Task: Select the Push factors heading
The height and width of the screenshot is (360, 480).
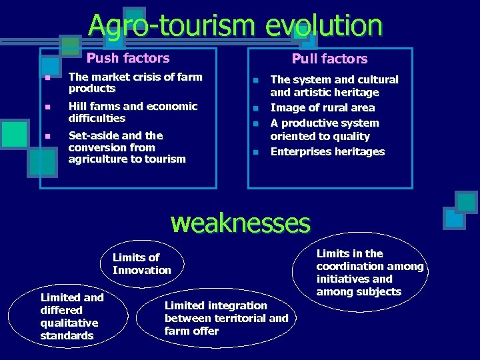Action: (128, 59)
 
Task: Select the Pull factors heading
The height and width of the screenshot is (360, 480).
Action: (329, 59)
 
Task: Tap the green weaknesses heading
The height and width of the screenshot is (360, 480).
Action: (241, 223)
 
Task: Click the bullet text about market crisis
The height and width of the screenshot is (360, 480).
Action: (135, 83)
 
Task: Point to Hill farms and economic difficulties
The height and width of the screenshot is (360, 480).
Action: (133, 112)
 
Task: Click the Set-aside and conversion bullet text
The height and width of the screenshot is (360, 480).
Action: (127, 147)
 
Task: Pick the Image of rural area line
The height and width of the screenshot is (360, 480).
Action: (322, 108)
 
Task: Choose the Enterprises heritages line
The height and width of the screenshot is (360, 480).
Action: (327, 152)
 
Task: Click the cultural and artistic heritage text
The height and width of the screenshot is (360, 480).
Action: (333, 86)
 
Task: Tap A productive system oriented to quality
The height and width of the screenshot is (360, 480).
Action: (324, 129)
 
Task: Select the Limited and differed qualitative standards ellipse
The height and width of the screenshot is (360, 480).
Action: (71, 317)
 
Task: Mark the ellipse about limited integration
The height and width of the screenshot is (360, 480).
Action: (225, 318)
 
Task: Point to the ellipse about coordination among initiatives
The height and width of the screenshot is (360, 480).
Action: (369, 273)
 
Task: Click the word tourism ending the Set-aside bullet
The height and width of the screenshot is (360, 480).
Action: (167, 159)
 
